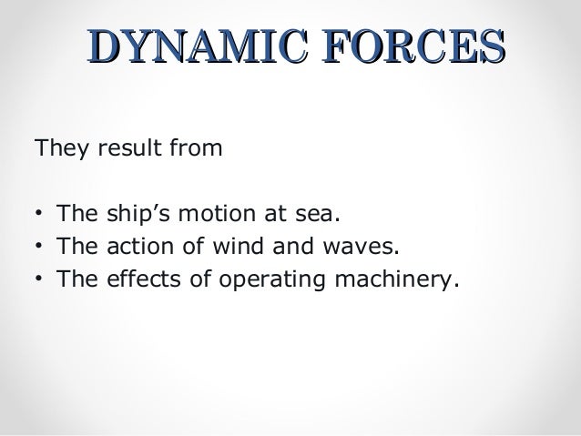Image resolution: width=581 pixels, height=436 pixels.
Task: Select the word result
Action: (120, 147)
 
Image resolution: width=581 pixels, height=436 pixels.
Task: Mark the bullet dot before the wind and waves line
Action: (36, 246)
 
